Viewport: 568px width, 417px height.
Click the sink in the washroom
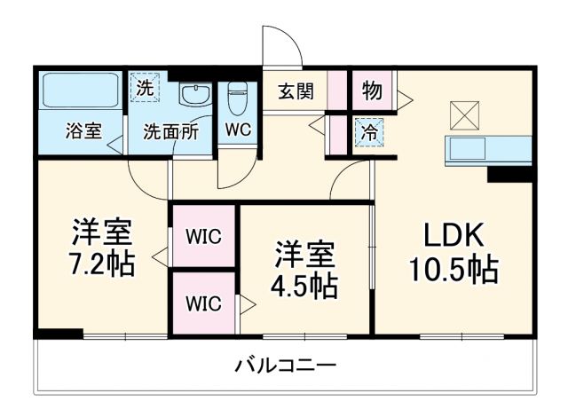coord(192,95)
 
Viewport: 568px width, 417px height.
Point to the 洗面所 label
coord(171,130)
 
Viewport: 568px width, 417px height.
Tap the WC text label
coord(237,130)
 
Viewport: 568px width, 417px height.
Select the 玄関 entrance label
coord(296,91)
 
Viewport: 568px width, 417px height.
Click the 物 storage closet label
coord(373,90)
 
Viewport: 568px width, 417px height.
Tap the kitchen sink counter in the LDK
coord(488,149)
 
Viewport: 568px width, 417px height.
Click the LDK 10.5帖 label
coord(453,254)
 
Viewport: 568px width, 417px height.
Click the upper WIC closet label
coord(203,236)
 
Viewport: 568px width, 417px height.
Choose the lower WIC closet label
coord(203,302)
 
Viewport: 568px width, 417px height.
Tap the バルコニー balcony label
coord(286,366)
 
